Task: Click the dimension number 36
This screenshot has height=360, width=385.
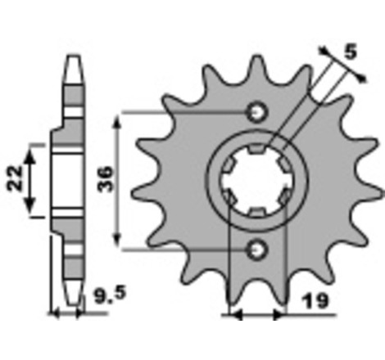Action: [105, 179]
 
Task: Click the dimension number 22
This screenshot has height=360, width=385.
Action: [15, 178]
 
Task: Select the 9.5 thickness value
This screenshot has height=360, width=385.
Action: [110, 296]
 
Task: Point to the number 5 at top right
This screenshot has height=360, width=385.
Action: [351, 52]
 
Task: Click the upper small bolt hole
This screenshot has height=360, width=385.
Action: [257, 112]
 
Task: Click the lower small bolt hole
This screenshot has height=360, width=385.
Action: [257, 250]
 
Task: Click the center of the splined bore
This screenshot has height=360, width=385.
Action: [257, 181]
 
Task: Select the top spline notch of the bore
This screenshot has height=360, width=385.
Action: [257, 148]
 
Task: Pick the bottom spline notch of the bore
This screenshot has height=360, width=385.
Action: [257, 213]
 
